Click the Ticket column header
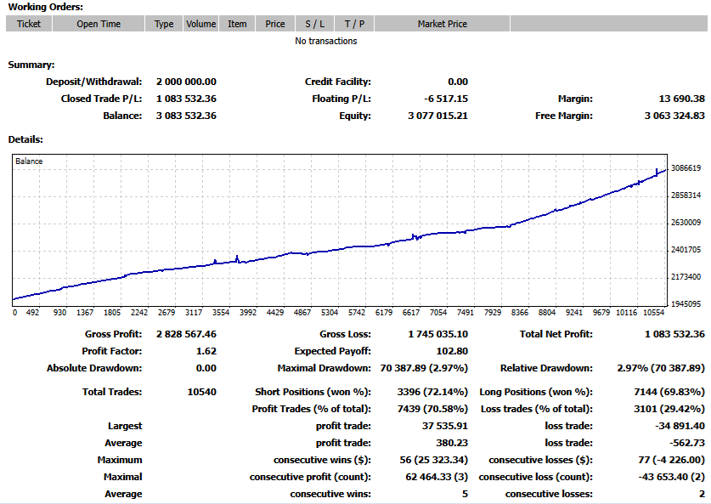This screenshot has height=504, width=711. coord(29,24)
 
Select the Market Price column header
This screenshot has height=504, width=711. coord(442,24)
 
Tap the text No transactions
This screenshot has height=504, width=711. coord(326,41)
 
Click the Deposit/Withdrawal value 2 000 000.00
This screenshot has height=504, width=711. coord(186,82)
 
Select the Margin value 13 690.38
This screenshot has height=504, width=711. coord(676,99)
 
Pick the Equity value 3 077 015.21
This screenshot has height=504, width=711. coord(438,116)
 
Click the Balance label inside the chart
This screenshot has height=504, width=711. coord(29,161)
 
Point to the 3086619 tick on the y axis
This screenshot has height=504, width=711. coord(686,168)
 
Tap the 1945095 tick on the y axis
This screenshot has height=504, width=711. coord(686,303)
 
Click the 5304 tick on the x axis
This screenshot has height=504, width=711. coord(330,312)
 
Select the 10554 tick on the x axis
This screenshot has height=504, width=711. coord(652,312)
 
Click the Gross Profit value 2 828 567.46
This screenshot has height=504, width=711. coord(186,334)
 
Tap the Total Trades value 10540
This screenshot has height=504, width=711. coord(201,392)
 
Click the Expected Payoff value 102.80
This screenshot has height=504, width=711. coord(452,351)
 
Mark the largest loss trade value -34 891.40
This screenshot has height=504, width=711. coord(680,426)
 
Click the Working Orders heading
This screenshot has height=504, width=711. coord(46,7)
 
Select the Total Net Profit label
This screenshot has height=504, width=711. coord(556,334)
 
